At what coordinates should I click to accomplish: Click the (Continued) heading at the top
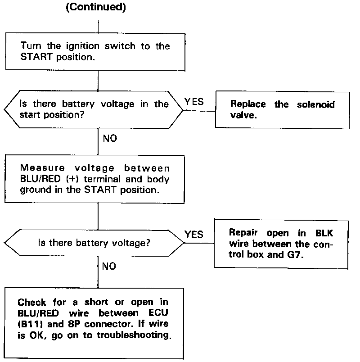tap(95, 9)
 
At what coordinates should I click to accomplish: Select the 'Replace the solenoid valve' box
tap(282, 109)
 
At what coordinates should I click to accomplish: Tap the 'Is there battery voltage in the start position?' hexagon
tap(94, 109)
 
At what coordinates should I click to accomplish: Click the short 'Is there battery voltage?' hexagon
tap(94, 243)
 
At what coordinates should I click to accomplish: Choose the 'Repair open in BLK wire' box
tap(282, 244)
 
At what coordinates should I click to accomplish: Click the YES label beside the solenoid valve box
tap(194, 102)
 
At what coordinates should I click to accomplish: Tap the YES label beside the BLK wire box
tap(194, 234)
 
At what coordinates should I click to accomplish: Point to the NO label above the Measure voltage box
tap(110, 138)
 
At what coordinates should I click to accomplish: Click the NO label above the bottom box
tap(109, 267)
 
